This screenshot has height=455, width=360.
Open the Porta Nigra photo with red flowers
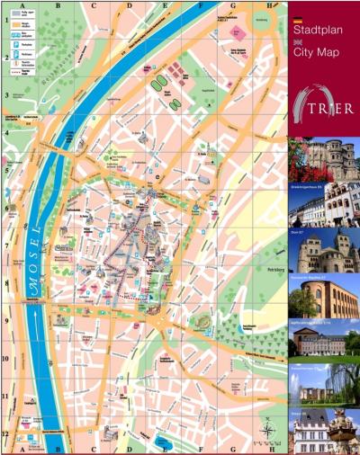click(x=324, y=159)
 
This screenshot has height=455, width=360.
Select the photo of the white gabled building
click(x=324, y=205)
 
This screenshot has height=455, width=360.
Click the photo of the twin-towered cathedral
click(x=324, y=251)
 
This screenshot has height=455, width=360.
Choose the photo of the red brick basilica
click(x=324, y=297)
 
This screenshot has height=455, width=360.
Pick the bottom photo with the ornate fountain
click(x=324, y=433)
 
